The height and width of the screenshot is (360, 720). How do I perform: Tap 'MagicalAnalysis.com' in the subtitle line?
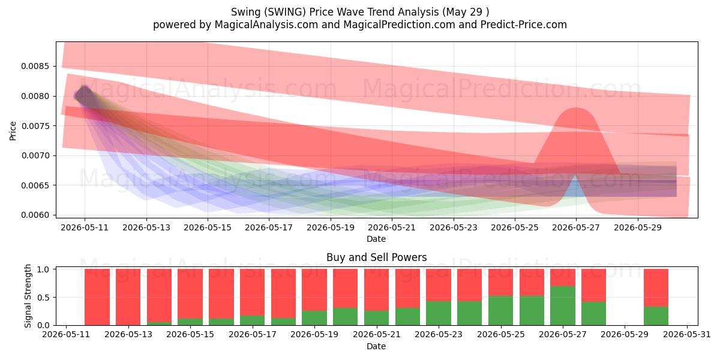pyautogui.click(x=266, y=25)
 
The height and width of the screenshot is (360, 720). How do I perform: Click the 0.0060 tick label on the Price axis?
pyautogui.click(x=35, y=215)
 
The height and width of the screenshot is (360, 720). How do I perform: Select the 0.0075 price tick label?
pyautogui.click(x=35, y=126)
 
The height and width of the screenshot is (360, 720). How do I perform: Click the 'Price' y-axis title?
pyautogui.click(x=13, y=131)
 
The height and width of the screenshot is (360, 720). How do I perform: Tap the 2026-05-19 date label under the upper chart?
pyautogui.click(x=331, y=227)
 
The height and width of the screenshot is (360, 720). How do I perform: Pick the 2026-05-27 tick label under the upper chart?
pyautogui.click(x=576, y=227)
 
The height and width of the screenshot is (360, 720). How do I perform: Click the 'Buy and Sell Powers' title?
pyautogui.click(x=376, y=257)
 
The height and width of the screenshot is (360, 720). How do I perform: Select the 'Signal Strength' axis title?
pyautogui.click(x=28, y=296)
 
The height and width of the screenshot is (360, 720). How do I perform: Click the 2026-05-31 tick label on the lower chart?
pyautogui.click(x=687, y=335)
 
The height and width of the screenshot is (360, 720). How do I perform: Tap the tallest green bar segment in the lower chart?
pyautogui.click(x=563, y=305)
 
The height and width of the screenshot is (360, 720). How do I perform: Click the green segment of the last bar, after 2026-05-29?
pyautogui.click(x=656, y=316)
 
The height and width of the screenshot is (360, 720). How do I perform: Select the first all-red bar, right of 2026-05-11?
pyautogui.click(x=97, y=297)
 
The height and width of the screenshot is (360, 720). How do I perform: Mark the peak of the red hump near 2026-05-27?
pyautogui.click(x=576, y=108)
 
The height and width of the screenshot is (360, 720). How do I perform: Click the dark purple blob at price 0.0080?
pyautogui.click(x=84, y=96)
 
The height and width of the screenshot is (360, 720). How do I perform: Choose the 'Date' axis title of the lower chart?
pyautogui.click(x=376, y=346)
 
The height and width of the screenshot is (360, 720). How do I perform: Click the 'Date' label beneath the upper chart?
pyautogui.click(x=376, y=239)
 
